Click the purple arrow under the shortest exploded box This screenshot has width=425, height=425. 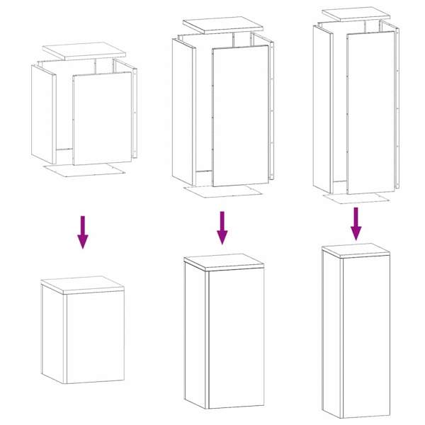(x=83, y=232)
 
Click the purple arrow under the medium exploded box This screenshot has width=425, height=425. (x=222, y=227)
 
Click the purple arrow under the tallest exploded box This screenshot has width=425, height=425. (x=356, y=223)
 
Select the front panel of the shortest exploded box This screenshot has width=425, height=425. (x=103, y=117)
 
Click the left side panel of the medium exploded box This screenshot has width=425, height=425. (x=183, y=110)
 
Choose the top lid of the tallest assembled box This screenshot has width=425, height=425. (x=356, y=249)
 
